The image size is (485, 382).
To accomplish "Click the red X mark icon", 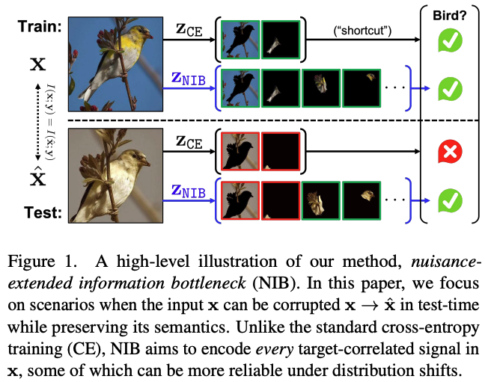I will coord(450,153).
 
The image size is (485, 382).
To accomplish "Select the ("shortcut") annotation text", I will coord(359,31).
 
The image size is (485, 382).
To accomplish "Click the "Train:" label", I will coord(34,27).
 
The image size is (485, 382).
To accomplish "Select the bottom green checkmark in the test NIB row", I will coord(450,200).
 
